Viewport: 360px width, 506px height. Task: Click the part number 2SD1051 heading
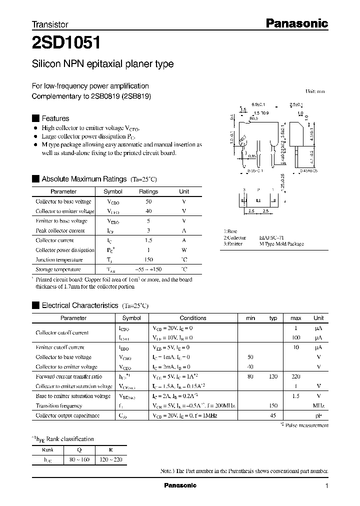tap(67, 43)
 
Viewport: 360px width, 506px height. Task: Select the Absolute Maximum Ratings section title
tap(84, 178)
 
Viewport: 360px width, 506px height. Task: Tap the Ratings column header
tap(148, 191)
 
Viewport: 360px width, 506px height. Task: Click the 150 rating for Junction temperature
tap(148, 260)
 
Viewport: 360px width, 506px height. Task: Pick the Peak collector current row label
tap(60, 230)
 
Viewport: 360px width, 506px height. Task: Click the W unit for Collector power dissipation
tap(184, 250)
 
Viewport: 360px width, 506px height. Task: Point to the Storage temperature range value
tap(148, 269)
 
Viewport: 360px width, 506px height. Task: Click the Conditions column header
tap(193, 318)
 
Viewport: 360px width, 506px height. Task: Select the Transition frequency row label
tap(59, 406)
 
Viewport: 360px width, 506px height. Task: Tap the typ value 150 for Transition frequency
tap(273, 406)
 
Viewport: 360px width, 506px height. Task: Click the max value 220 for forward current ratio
tap(295, 376)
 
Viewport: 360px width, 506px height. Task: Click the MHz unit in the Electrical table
tap(318, 406)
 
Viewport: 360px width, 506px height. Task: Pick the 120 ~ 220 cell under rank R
tap(110, 459)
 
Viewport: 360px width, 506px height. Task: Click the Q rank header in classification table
tap(79, 449)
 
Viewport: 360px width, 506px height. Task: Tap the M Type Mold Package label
tap(281, 244)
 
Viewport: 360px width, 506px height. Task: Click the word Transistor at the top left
tap(50, 24)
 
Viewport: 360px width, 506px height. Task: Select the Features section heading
tap(55, 118)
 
